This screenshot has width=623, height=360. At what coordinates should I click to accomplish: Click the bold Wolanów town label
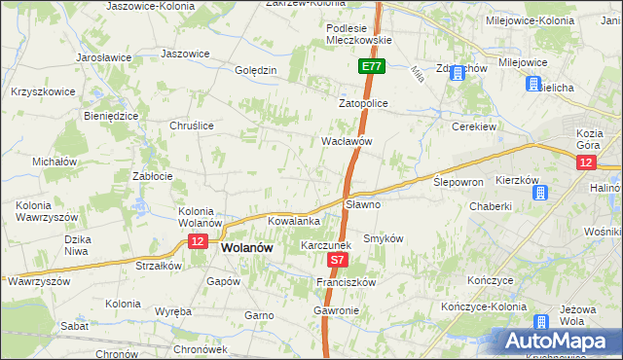tap(245, 248)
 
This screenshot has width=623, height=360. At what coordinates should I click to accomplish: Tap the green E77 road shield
tap(371, 67)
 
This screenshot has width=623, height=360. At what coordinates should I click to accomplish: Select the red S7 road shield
tap(337, 261)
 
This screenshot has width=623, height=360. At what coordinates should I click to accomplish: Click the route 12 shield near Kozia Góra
tap(585, 163)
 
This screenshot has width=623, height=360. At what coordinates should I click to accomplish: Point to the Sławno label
tap(363, 205)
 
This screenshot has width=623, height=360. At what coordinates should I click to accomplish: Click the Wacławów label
tap(348, 141)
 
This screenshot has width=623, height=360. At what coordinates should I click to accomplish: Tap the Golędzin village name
tap(257, 70)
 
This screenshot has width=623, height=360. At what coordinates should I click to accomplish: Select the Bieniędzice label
tap(109, 115)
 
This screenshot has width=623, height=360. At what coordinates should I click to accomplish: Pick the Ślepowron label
tap(458, 182)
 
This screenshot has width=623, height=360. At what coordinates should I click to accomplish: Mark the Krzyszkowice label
tap(39, 90)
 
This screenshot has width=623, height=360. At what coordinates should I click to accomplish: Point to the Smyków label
tap(383, 238)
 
